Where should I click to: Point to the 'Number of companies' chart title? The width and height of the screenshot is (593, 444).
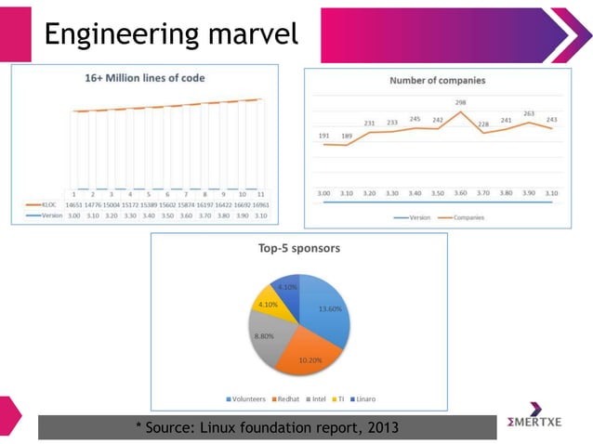coord(437,81)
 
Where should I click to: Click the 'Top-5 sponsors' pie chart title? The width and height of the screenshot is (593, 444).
coord(298,248)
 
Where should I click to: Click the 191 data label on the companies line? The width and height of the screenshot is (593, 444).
coord(323,135)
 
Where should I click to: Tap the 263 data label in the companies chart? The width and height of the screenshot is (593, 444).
coord(528,113)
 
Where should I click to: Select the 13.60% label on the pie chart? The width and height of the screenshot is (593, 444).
coord(329,308)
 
